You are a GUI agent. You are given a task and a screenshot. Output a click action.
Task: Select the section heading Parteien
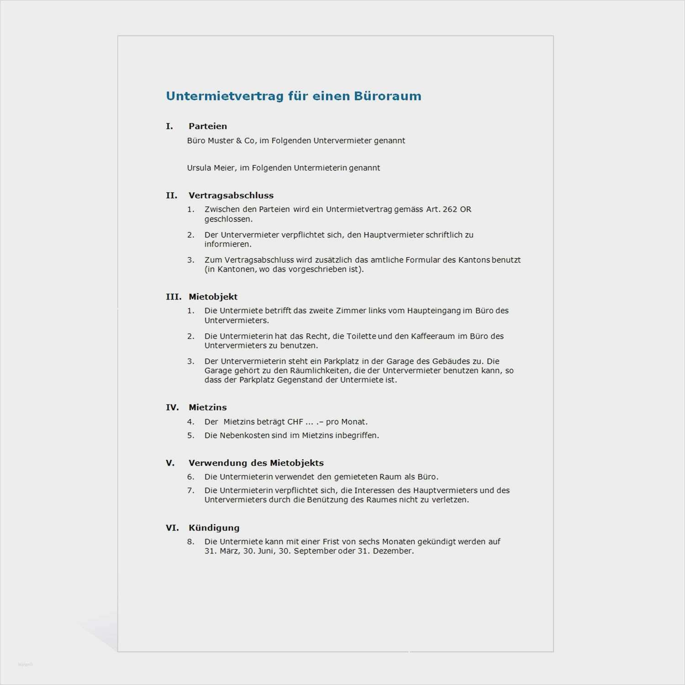tap(208, 126)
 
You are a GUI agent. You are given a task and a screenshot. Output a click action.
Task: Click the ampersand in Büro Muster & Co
tap(239, 141)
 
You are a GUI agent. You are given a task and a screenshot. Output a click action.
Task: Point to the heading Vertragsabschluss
tap(231, 195)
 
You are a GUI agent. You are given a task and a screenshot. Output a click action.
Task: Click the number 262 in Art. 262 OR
tap(450, 210)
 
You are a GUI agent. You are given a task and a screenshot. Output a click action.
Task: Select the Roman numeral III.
tap(173, 297)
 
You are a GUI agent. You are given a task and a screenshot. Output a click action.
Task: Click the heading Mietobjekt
tap(213, 297)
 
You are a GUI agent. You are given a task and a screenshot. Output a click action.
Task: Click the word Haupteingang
tap(434, 311)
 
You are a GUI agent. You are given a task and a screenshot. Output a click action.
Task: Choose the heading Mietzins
tap(208, 407)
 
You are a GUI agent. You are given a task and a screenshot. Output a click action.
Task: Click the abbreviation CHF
tap(295, 422)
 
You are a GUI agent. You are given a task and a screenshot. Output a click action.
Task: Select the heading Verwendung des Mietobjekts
tap(256, 463)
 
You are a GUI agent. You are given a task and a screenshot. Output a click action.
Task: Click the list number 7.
tap(190, 490)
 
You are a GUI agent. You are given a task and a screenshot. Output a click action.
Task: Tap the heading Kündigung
tap(214, 528)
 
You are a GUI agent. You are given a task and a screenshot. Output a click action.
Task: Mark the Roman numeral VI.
tap(172, 528)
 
